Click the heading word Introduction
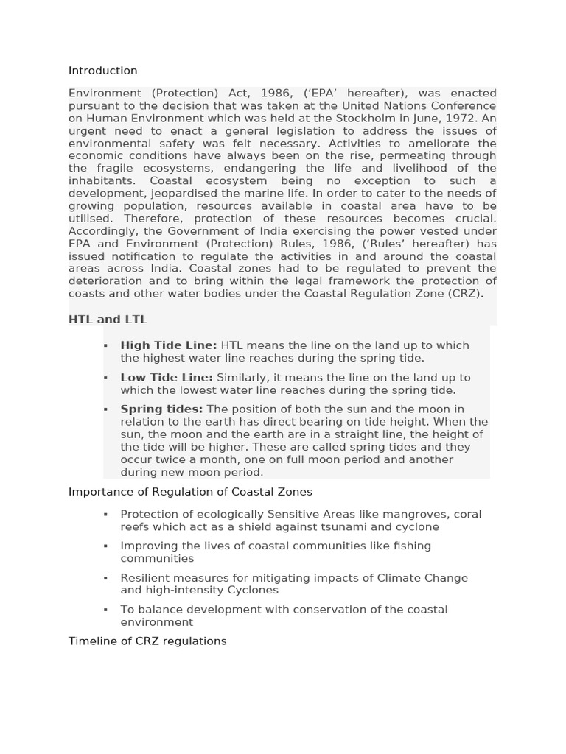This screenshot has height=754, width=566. pos(102,71)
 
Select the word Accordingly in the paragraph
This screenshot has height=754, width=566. pos(102,230)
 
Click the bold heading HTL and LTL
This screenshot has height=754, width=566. pos(108,320)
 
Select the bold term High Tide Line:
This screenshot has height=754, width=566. pos(169,345)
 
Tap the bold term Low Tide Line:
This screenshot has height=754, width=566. pos(167,378)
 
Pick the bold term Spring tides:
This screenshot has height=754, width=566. pos(161,409)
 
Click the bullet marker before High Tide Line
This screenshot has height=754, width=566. pos(106,346)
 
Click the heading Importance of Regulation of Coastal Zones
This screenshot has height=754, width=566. pos(190,491)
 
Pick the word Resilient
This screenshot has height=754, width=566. pos(147,578)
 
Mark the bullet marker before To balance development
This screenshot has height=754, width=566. pos(106,610)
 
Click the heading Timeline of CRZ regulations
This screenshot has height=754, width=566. pos(147,641)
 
